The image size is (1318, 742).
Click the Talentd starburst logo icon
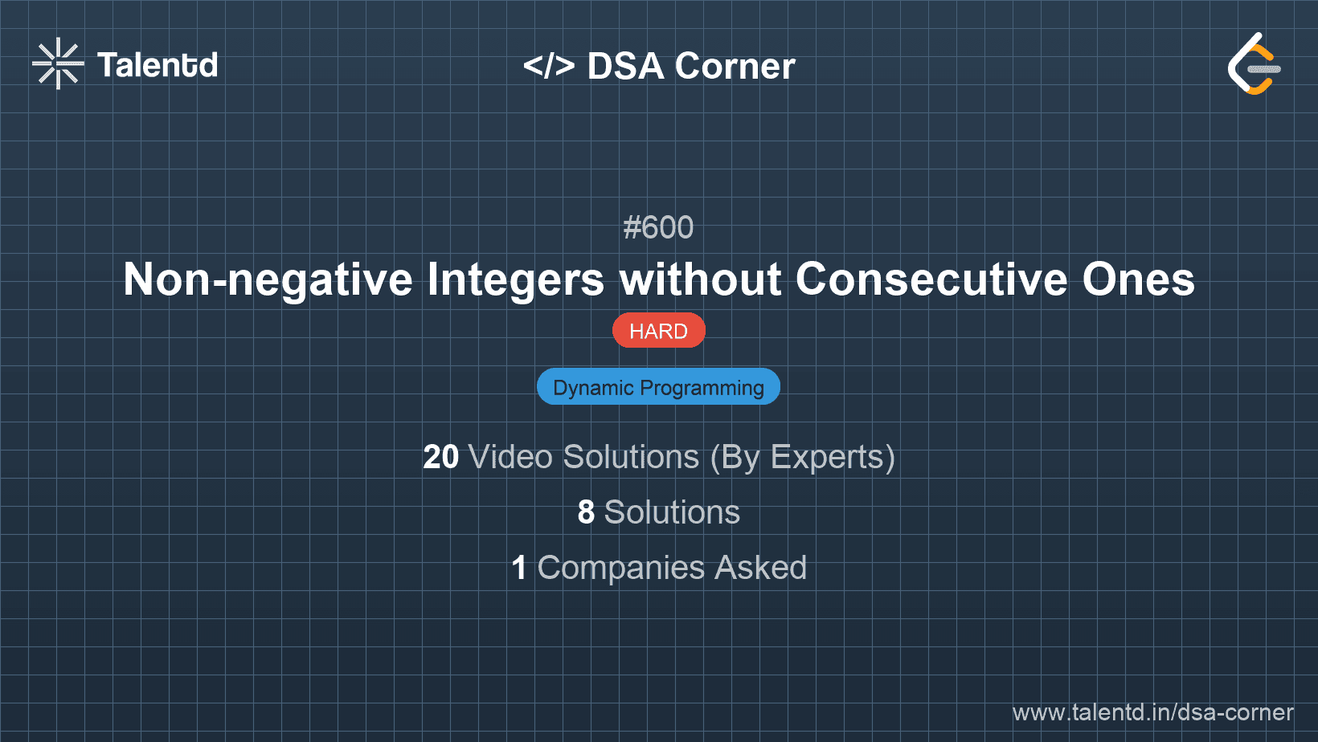[58, 63]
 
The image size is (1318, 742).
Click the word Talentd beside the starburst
[158, 65]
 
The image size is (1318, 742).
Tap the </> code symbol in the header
[549, 66]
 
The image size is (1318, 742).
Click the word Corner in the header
[735, 66]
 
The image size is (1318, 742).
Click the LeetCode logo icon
[1255, 64]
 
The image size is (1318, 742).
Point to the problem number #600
[658, 227]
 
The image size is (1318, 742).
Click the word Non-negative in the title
[268, 279]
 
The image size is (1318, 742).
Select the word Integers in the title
[515, 279]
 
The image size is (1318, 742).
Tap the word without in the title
[701, 279]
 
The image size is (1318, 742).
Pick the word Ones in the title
[1138, 279]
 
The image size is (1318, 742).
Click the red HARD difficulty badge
[658, 331]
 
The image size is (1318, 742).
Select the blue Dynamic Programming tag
[658, 387]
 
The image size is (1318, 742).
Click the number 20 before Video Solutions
[440, 457]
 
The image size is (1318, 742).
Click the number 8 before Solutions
[586, 512]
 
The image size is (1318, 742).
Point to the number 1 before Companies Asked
[519, 568]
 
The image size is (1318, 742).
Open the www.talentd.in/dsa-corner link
[1152, 712]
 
